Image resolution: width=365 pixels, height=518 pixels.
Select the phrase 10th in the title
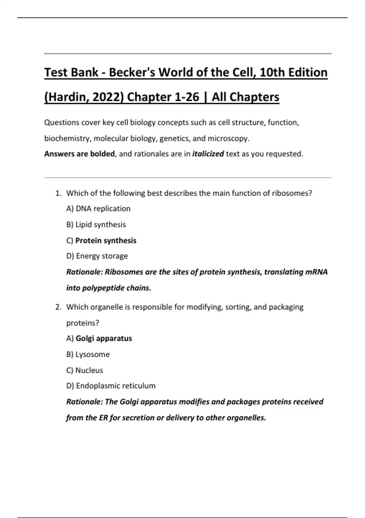[x=271, y=73]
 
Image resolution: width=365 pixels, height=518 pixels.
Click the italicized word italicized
[x=208, y=154]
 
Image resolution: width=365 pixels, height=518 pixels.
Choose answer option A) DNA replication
[x=98, y=209]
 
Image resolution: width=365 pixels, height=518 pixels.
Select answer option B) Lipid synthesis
[x=96, y=225]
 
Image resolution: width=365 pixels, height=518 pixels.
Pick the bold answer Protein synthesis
[x=106, y=240]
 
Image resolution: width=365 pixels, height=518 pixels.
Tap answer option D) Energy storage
[x=97, y=256]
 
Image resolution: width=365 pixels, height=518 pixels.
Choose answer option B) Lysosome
[x=88, y=354]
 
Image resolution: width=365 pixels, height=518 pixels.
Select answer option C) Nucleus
[x=85, y=370]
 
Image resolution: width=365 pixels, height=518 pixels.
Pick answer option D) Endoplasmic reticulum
[x=111, y=386]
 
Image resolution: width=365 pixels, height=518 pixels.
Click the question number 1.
[x=58, y=193]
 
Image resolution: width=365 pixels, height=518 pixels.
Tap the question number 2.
[x=58, y=307]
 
